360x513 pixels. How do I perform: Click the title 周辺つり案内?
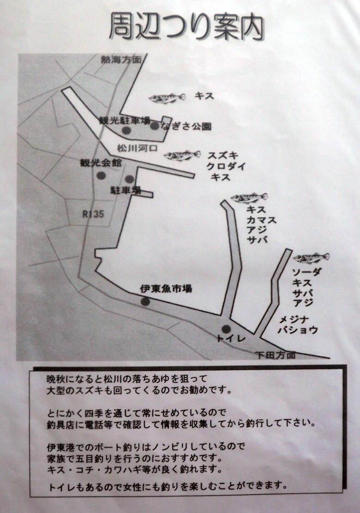point(186,27)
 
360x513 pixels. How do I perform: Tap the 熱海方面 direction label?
point(121,59)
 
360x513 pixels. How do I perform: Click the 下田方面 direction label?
point(276,355)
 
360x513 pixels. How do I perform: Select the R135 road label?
point(93,214)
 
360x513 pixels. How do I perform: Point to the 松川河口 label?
point(137,148)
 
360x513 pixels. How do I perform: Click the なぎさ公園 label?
point(186,126)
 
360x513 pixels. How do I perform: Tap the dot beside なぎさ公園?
point(155,125)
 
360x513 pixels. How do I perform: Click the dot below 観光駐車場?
point(126,131)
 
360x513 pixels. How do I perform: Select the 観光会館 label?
point(101,162)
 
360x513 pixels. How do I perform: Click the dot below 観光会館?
point(101,175)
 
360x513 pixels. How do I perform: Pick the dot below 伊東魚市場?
point(145,301)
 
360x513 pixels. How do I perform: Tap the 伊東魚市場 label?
point(166,288)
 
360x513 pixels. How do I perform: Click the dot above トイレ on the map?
point(226,329)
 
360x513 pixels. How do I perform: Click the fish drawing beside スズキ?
point(182,156)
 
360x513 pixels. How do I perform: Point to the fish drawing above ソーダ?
point(311,258)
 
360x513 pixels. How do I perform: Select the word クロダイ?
point(226,166)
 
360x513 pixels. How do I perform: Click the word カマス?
point(262,220)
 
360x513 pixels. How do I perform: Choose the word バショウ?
point(298,330)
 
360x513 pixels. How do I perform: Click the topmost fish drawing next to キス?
point(167,98)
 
